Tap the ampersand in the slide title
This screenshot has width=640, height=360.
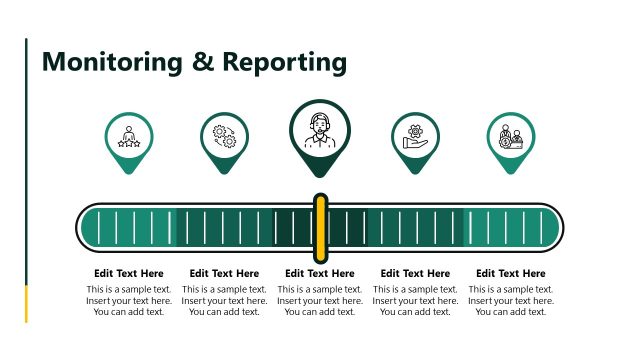click(204, 62)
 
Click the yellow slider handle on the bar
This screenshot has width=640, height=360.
click(320, 226)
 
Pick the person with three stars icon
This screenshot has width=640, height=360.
click(129, 136)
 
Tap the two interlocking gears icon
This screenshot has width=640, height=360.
click(224, 136)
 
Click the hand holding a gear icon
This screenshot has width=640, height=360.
click(415, 136)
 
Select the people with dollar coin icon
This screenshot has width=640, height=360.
click(511, 136)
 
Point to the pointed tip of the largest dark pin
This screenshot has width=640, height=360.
click(320, 176)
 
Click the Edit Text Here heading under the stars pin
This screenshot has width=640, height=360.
click(129, 273)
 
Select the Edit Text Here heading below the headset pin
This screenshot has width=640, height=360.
click(320, 273)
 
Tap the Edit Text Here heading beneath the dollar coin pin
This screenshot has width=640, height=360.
click(511, 273)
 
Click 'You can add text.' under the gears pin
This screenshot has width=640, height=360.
click(224, 312)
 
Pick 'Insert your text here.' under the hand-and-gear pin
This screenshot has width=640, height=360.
click(415, 300)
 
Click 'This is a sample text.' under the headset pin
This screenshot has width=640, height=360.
click(320, 289)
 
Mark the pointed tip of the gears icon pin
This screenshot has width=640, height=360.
click(224, 171)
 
